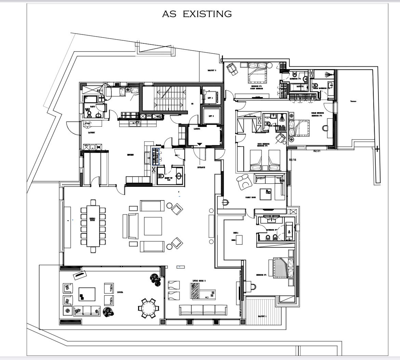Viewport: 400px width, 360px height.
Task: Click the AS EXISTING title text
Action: pyautogui.click(x=197, y=14)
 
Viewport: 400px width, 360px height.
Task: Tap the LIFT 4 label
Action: pyautogui.click(x=210, y=98)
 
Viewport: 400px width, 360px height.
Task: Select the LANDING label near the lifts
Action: pyautogui.click(x=197, y=129)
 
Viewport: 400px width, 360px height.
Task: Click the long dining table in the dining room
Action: pyautogui.click(x=93, y=226)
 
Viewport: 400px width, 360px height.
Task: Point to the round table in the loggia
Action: pyautogui.click(x=148, y=308)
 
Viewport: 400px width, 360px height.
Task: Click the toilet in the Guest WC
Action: pyautogui.click(x=161, y=177)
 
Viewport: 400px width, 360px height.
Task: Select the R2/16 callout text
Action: pyautogui.click(x=293, y=160)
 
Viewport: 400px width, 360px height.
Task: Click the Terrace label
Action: pyautogui.click(x=353, y=101)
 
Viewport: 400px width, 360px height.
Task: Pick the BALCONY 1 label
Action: pyautogui.click(x=262, y=317)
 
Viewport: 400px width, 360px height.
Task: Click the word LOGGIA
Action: pyautogui.click(x=120, y=292)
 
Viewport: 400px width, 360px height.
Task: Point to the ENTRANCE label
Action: pyautogui.click(x=201, y=167)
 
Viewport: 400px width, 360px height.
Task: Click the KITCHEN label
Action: pyautogui.click(x=130, y=155)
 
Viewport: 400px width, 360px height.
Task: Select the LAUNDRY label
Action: pyautogui.click(x=91, y=132)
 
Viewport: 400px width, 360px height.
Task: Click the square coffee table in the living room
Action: pyautogui.click(x=153, y=226)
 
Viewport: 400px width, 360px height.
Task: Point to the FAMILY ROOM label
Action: pyautogui.click(x=251, y=197)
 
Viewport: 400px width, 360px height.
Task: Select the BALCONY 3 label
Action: pyautogui.click(x=212, y=70)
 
